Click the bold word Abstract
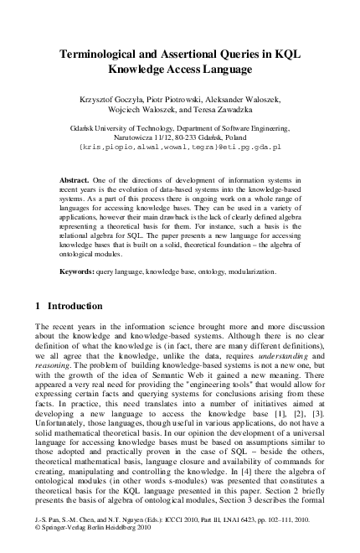tap(78, 181)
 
